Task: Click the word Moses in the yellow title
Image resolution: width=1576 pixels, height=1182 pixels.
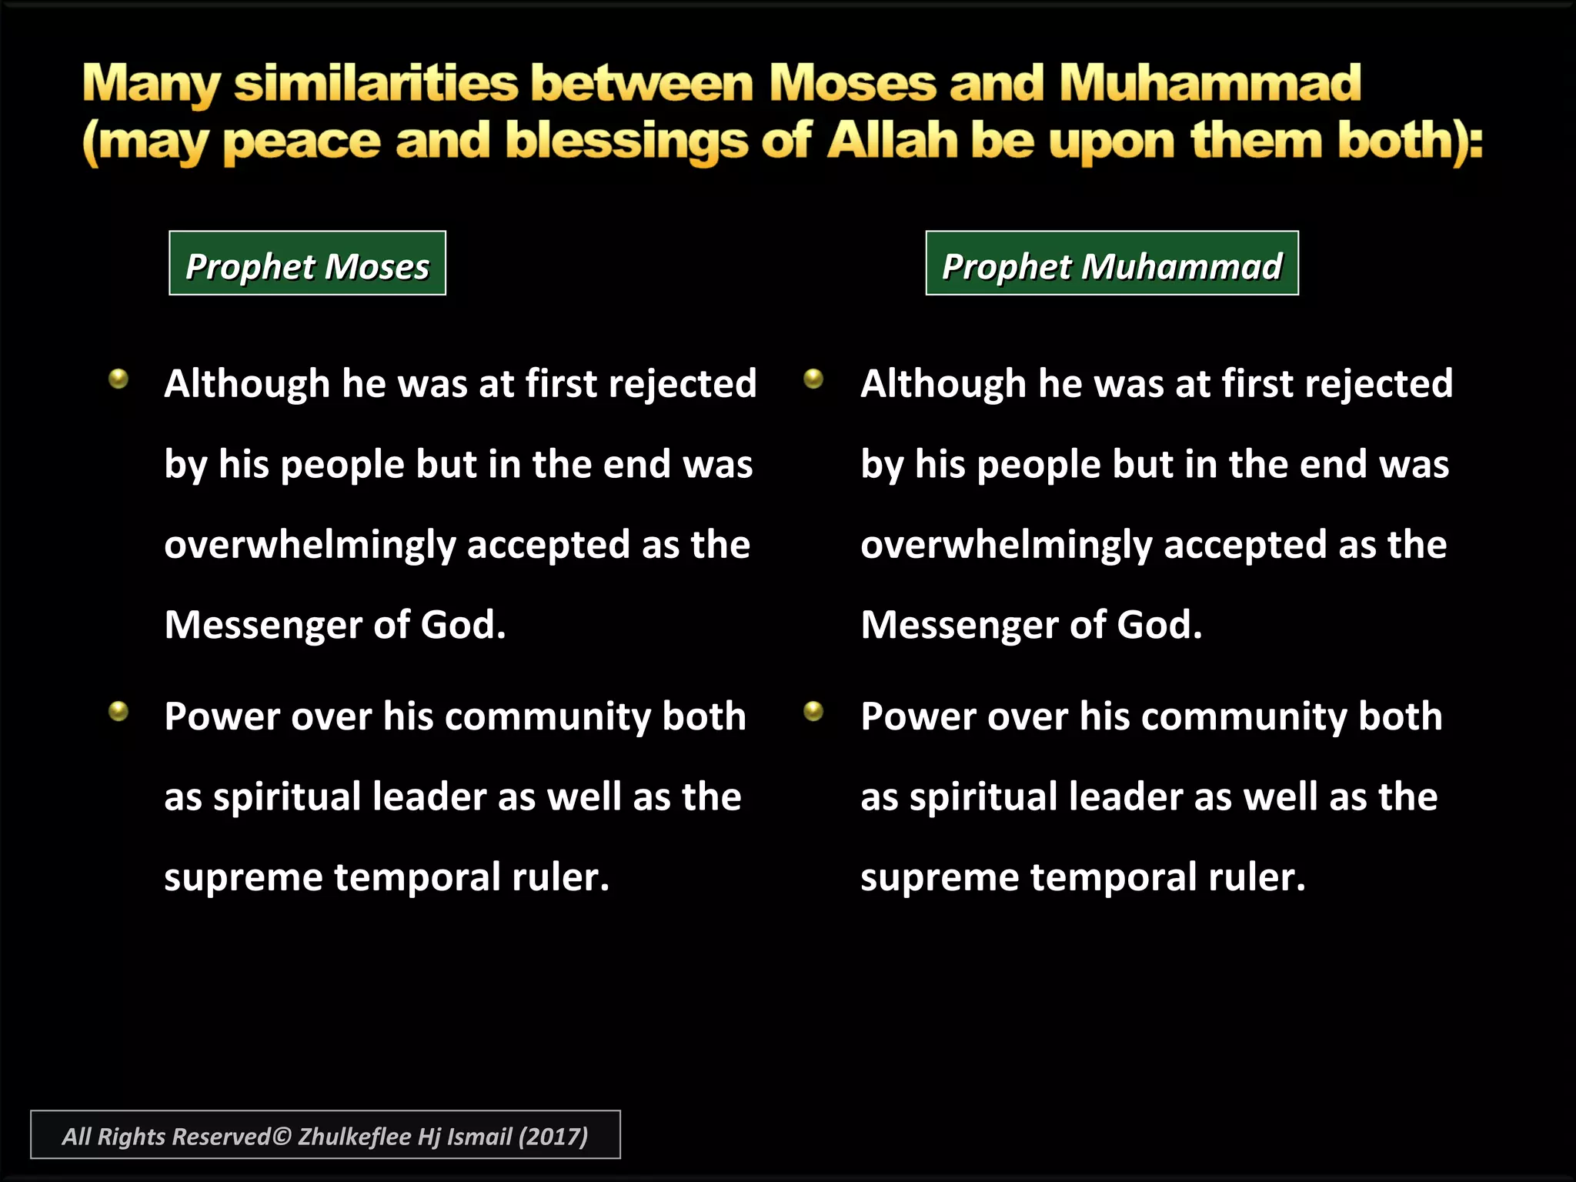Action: coord(853,83)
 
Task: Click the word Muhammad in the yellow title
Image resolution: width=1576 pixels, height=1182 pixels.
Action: coord(1210,83)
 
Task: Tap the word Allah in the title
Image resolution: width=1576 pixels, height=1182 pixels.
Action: coord(893,142)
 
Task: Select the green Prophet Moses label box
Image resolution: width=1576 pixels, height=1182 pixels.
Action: coord(307,263)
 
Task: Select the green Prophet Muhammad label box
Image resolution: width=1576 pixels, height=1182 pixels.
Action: coord(1112,263)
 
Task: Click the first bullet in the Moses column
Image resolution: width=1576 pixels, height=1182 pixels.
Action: coord(119,379)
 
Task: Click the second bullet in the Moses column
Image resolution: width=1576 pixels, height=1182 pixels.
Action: coord(119,711)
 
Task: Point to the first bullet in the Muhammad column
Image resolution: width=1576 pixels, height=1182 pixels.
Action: coord(813,379)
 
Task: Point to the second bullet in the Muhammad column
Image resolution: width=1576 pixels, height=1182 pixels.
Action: coord(813,711)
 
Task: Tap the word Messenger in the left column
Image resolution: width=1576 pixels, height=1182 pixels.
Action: coord(262,625)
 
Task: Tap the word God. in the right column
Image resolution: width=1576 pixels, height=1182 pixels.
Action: coord(1159,625)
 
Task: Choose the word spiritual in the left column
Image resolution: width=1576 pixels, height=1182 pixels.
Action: coord(287,797)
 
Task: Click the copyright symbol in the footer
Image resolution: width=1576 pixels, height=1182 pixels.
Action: coord(282,1136)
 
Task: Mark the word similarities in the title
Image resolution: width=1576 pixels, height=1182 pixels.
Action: coord(376,83)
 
